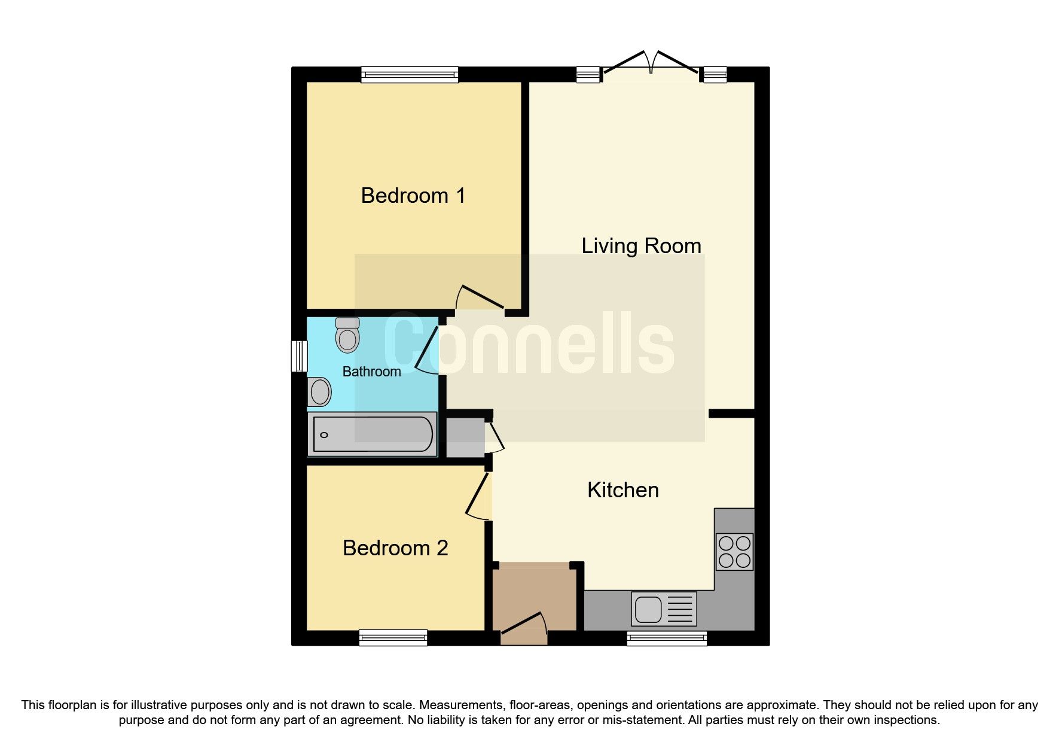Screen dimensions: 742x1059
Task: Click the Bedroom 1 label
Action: coord(413,196)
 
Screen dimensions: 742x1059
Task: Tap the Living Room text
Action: coord(641,246)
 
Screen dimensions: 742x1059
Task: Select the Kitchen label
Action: coord(622,490)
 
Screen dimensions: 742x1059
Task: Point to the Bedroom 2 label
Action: coord(395,548)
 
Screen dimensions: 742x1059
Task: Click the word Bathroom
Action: coord(371,372)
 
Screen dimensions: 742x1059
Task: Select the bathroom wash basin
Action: coord(319,392)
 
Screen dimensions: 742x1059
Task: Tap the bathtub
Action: coord(373,434)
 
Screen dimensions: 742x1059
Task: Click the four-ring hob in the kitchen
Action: coord(734,552)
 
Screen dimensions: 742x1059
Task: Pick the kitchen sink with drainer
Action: coord(664,609)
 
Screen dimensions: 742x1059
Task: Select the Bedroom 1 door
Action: coord(480,298)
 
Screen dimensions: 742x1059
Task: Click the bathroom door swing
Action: coord(427,350)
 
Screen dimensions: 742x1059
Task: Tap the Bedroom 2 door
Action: coord(478,497)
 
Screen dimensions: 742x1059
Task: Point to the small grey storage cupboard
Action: coord(465,438)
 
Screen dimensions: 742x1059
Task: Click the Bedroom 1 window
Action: coord(410,74)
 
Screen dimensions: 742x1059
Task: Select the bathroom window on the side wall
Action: coord(299,356)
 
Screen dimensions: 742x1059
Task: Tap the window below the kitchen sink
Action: coord(667,638)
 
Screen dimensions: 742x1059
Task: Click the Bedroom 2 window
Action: coord(393,638)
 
